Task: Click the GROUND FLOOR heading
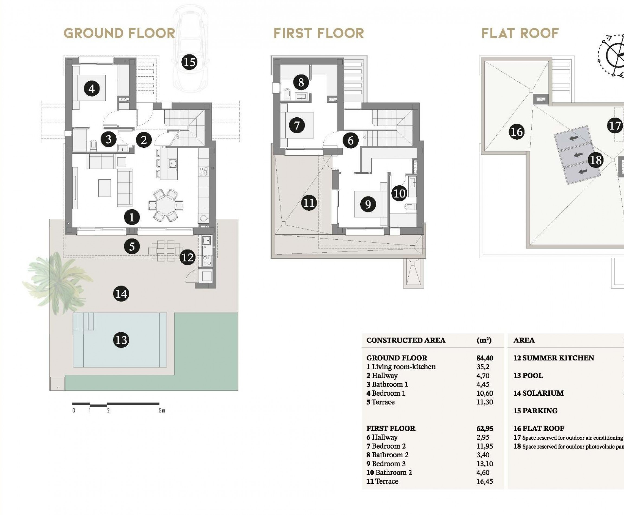(119, 33)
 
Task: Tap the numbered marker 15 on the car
(189, 62)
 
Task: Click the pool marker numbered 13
(121, 340)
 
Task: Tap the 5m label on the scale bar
(162, 411)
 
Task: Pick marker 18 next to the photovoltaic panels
(596, 160)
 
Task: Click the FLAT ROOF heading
(520, 33)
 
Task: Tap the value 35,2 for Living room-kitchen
(483, 367)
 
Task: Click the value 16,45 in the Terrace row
(484, 481)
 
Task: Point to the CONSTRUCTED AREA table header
(405, 340)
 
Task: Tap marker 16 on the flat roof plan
(517, 132)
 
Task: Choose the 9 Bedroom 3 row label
(386, 464)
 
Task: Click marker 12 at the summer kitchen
(187, 257)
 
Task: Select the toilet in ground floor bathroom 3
(94, 145)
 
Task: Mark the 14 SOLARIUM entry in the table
(538, 393)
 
